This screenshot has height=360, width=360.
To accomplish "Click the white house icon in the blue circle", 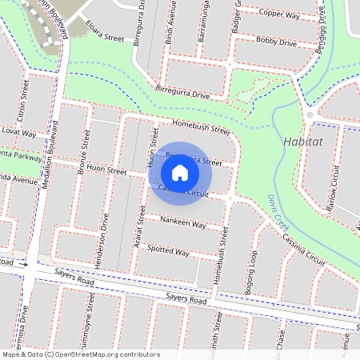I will pos(180,172).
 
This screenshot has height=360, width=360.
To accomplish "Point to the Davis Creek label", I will pos(277,214).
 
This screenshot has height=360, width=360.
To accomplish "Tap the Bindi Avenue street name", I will pos(169,22).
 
